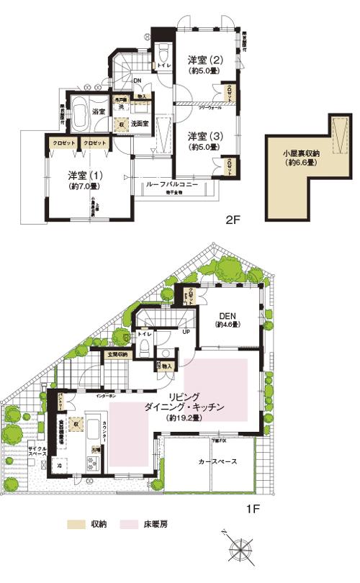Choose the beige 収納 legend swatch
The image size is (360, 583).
76,524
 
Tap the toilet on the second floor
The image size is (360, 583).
163,56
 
